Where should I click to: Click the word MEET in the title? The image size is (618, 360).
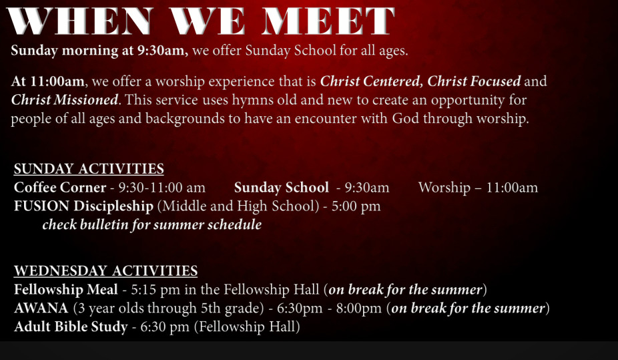coord(328,21)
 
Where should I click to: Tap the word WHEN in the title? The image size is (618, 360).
coord(80,21)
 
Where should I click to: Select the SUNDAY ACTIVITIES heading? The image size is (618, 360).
coord(89,169)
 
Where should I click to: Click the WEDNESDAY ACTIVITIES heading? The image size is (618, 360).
coord(105,271)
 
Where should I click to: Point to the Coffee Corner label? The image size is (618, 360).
coord(60,187)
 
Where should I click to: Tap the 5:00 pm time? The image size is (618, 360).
coord(356,206)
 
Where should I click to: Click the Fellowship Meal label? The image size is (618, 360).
coord(66,290)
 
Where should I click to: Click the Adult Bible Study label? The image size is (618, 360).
coord(71,327)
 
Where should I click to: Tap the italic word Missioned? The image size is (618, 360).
coord(86,100)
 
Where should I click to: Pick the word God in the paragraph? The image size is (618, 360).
coord(406,119)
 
